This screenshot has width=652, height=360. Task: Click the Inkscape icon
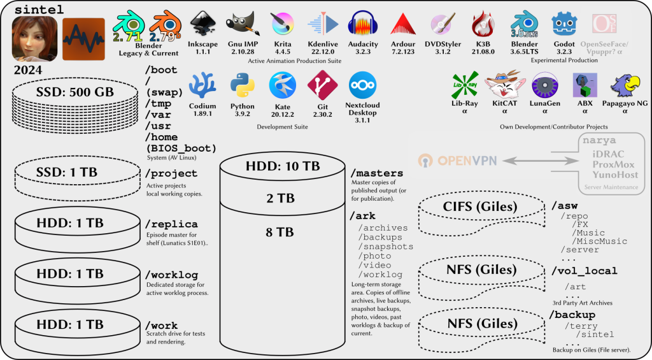click(202, 24)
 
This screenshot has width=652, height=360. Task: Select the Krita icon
click(282, 24)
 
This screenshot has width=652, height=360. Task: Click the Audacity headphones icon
click(363, 24)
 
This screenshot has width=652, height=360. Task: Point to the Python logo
click(242, 85)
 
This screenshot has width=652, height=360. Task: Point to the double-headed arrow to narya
click(537, 160)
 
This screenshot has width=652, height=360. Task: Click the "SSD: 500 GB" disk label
click(75, 92)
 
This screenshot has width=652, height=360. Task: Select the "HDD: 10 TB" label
click(283, 166)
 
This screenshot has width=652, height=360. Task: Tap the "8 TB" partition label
click(280, 233)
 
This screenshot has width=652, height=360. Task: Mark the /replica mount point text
click(171, 224)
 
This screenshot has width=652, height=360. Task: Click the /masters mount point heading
click(376, 173)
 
